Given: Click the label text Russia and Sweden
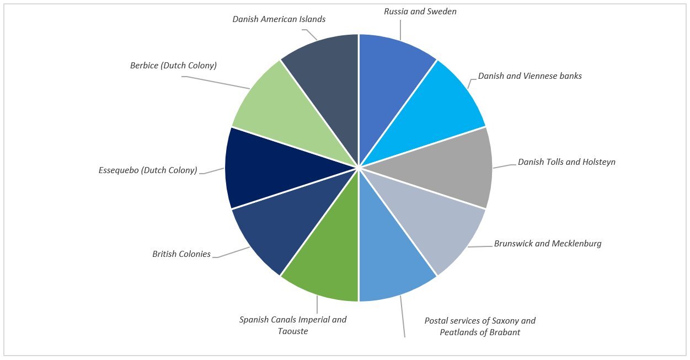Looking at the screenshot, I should [x=420, y=12].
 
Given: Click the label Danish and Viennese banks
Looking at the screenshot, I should [x=529, y=76].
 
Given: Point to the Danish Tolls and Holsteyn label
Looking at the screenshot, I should [x=566, y=162].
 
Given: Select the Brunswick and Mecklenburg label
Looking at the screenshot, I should [x=547, y=243].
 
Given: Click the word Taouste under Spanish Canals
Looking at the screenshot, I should [x=293, y=331].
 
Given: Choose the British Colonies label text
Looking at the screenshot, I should [x=181, y=254].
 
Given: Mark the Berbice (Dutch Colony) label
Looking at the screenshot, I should [x=173, y=66].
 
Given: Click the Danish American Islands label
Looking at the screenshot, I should [x=279, y=19].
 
